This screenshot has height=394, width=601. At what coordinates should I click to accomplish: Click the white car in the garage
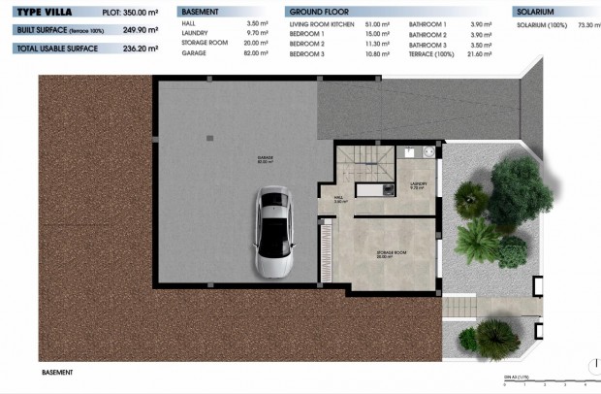tap(274, 234)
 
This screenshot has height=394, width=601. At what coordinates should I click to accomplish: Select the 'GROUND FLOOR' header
tap(318, 11)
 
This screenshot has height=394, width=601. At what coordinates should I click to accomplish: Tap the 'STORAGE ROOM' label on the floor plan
tap(391, 255)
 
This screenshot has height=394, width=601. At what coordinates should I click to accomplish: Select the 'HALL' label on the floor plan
tap(340, 199)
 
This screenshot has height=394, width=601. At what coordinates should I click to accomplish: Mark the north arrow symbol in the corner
tap(592, 366)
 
